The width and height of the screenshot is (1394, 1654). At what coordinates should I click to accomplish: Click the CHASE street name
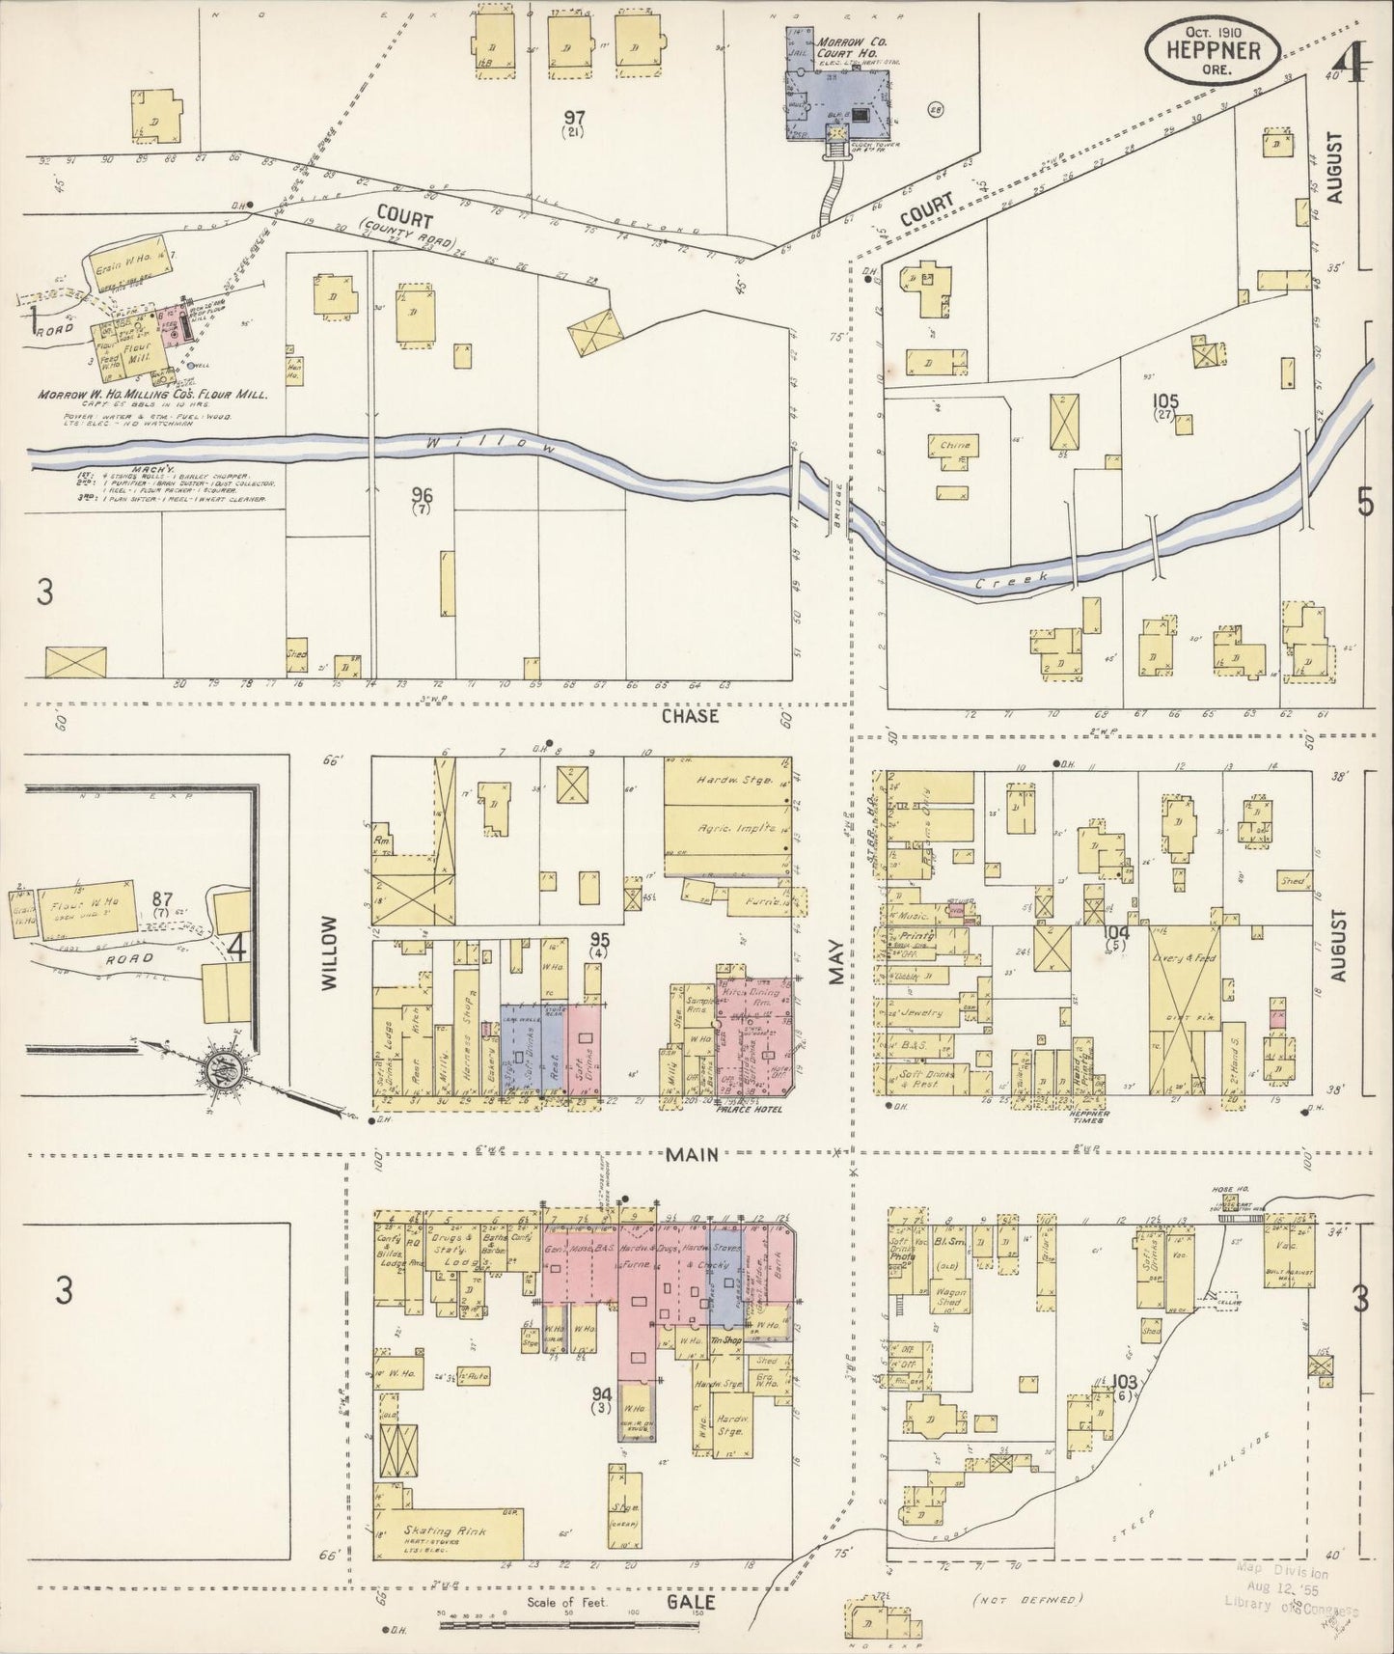(690, 717)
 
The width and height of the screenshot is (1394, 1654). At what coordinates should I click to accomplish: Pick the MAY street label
(835, 962)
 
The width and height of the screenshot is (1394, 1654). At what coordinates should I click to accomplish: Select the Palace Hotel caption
(747, 1111)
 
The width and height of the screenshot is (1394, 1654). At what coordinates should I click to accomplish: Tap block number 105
(1164, 400)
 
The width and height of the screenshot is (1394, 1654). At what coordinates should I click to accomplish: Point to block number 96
(421, 494)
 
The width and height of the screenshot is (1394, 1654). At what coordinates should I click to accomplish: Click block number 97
(575, 118)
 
